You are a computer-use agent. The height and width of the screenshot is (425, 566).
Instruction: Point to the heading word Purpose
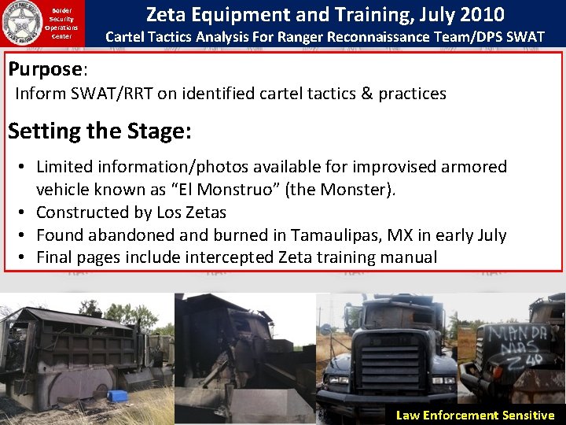(x=45, y=69)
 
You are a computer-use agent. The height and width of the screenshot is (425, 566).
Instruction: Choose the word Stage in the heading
(x=149, y=131)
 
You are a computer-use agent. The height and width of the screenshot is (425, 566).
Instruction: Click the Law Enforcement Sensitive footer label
(x=475, y=415)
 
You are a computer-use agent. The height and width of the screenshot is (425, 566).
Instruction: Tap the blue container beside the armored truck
(x=117, y=395)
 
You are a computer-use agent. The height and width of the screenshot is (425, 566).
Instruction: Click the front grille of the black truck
(x=384, y=362)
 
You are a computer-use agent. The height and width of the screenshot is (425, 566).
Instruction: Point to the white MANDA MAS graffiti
(x=515, y=344)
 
